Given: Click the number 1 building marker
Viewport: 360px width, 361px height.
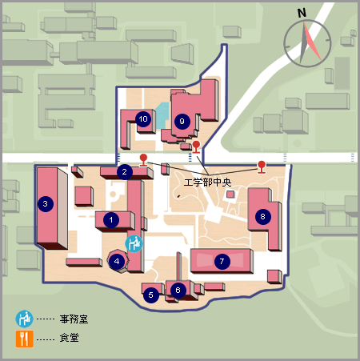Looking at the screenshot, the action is (x=111, y=220).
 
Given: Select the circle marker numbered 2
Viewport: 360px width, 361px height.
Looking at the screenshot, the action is (x=125, y=171).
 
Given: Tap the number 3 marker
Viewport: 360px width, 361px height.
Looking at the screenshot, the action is (x=46, y=204).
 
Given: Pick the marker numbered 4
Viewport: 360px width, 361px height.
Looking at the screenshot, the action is (x=117, y=261).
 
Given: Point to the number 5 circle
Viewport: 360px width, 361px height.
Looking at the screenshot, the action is (x=150, y=295).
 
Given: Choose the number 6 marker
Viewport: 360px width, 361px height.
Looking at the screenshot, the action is (x=178, y=290).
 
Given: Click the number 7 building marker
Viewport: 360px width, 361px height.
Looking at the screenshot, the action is (x=222, y=261).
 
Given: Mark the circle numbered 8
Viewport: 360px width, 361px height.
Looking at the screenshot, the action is (x=263, y=216).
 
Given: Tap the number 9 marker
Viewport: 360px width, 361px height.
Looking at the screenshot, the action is (x=182, y=122).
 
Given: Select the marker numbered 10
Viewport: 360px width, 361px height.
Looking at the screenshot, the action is (x=143, y=119).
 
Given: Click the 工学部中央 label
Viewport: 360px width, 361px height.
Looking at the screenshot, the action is (x=207, y=183).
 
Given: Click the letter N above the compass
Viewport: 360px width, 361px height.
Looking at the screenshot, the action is (x=302, y=13).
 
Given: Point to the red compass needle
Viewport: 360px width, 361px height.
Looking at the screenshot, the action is (x=312, y=42).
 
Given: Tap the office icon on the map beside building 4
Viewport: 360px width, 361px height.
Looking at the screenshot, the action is (x=134, y=243).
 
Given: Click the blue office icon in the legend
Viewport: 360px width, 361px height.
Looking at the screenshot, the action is (x=24, y=319).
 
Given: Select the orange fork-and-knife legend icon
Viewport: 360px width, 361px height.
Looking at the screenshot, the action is (x=25, y=339).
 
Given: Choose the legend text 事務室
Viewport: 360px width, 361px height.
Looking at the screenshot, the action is (x=74, y=319).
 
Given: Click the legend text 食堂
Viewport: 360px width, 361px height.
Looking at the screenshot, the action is (x=69, y=338).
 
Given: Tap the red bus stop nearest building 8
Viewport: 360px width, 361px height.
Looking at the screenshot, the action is (x=262, y=167).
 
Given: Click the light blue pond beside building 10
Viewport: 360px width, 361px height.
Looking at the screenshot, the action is (x=162, y=116).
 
